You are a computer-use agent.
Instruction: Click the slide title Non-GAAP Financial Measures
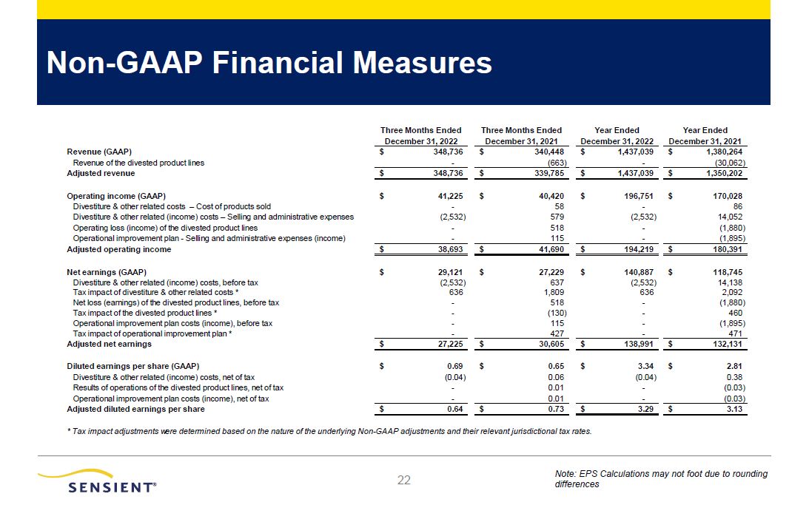(269, 64)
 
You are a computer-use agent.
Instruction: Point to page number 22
(404, 481)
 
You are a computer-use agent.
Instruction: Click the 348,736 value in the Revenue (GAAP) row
(444, 151)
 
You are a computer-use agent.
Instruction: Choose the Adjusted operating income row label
(119, 250)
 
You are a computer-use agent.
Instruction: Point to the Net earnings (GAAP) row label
(107, 271)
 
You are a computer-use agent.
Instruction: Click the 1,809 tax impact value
(554, 292)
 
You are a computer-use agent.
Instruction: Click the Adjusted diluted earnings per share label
(136, 409)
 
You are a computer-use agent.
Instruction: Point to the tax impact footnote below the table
(329, 431)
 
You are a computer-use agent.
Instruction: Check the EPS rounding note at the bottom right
(660, 478)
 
